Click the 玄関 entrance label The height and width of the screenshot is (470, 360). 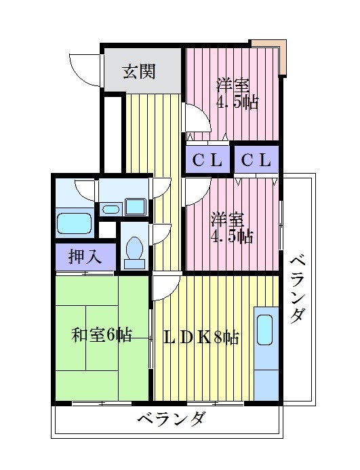138,71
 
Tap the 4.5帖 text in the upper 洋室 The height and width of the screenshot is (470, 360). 237,105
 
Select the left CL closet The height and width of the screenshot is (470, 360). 206,161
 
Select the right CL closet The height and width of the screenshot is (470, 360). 256,161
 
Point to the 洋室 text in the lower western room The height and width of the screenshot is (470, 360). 226,220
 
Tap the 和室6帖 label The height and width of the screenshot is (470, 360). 102,334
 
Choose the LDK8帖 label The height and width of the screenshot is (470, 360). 202,337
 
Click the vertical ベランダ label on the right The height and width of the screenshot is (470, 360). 298,289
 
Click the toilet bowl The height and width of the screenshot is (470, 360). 134,250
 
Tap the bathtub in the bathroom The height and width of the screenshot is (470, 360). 73,222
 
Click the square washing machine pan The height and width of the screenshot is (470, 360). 136,206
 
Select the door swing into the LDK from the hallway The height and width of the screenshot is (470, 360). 165,287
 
